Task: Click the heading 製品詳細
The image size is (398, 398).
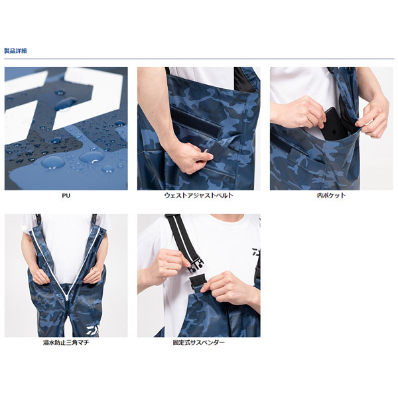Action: coord(15,51)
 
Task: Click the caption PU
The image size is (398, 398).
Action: coord(66,196)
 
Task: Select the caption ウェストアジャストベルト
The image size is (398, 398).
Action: coord(199,196)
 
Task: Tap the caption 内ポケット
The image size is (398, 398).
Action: coord(331,196)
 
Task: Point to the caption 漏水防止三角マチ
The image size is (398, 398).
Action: coord(66,342)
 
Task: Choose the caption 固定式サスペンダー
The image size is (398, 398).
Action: coord(199,342)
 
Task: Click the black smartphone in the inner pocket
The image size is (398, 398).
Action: coord(334,123)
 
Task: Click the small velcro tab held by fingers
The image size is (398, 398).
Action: coord(215,151)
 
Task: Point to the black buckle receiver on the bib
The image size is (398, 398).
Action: coord(199,281)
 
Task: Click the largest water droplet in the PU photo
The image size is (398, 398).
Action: coord(53,163)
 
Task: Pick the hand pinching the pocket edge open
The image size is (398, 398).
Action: coord(373,117)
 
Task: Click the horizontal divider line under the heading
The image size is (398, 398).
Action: coord(199,59)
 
